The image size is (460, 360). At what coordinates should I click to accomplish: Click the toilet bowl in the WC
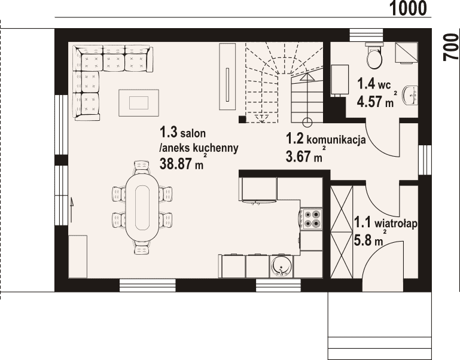click(x=374, y=56)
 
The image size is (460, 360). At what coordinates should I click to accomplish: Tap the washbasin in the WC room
click(x=412, y=96)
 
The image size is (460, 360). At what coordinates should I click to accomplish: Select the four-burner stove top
click(x=311, y=219)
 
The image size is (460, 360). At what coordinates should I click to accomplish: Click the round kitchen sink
click(x=282, y=267)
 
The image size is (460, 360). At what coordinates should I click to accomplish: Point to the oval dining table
click(x=142, y=208)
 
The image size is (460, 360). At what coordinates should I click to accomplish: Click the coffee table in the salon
click(x=139, y=103)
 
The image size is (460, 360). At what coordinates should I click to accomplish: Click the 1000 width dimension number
click(x=408, y=8)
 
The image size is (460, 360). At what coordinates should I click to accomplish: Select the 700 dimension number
click(x=451, y=47)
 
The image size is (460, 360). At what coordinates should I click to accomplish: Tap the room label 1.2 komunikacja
click(x=325, y=139)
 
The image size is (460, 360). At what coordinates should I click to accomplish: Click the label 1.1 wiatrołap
click(x=386, y=222)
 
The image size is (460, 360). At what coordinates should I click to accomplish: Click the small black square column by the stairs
click(x=242, y=119)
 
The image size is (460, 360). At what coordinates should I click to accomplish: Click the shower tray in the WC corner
click(x=406, y=53)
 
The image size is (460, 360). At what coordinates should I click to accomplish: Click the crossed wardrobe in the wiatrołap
click(x=342, y=232)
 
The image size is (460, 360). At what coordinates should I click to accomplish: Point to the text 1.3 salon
click(x=182, y=133)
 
